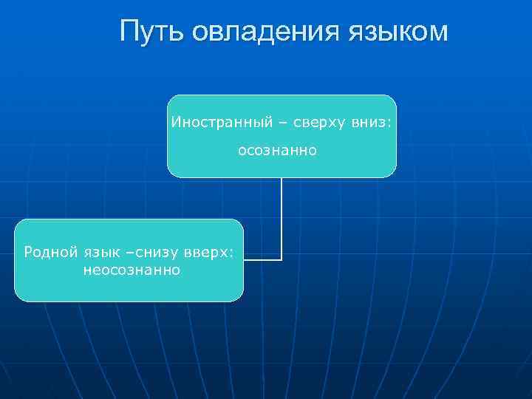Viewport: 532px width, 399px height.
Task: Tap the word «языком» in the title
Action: tap(396, 32)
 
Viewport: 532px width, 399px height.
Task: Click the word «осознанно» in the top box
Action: tap(277, 151)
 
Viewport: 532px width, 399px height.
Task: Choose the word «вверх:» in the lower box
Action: tap(211, 252)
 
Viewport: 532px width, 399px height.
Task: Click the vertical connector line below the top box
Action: tap(282, 214)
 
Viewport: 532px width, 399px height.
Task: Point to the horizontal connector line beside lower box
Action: tap(262, 259)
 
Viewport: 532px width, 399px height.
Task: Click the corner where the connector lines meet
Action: tap(282, 259)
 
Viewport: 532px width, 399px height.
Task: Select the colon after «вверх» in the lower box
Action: tap(231, 253)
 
